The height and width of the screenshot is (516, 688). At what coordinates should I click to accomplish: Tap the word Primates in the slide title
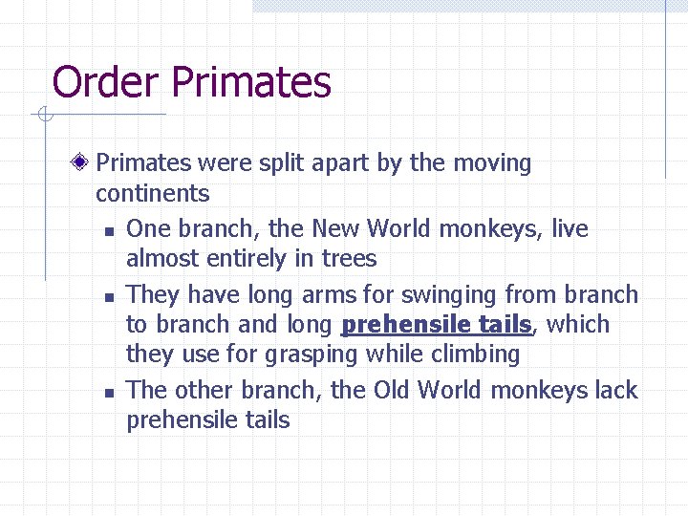pos(251,83)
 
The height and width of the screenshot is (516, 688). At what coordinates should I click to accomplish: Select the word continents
pos(152,194)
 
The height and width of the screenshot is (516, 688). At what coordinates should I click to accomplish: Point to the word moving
pos(492,163)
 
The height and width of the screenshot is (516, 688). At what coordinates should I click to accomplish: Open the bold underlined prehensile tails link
pos(436,325)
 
